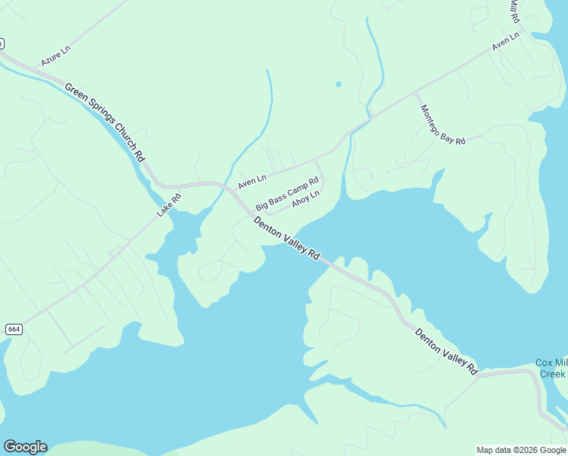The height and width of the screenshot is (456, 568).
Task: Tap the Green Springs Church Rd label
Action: click(x=105, y=122)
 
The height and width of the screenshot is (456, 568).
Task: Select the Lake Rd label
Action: click(x=169, y=205)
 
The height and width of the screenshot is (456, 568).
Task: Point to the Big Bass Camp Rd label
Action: click(x=286, y=193)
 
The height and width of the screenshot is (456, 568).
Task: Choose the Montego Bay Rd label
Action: click(x=442, y=123)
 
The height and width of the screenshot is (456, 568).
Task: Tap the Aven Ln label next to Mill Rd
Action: click(x=505, y=41)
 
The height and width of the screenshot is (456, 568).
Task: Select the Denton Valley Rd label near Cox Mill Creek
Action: click(x=446, y=351)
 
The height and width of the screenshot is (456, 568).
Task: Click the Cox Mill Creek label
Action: click(x=551, y=368)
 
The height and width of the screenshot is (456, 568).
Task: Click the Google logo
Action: click(x=25, y=447)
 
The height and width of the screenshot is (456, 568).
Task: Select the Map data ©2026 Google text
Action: click(x=521, y=450)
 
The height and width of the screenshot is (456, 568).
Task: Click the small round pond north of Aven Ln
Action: click(x=338, y=84)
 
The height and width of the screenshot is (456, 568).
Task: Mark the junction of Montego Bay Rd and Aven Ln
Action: click(x=415, y=93)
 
